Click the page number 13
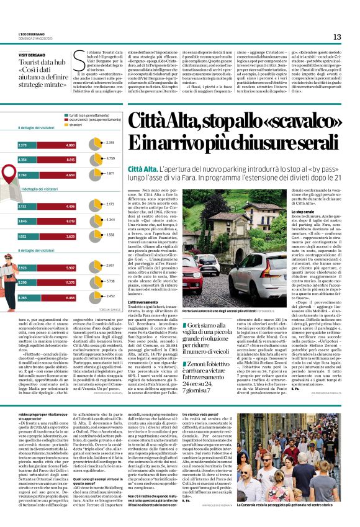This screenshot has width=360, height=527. (x=337, y=37)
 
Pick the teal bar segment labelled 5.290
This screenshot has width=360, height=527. (x=28, y=282)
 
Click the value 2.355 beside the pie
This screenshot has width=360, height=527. (x=110, y=143)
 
